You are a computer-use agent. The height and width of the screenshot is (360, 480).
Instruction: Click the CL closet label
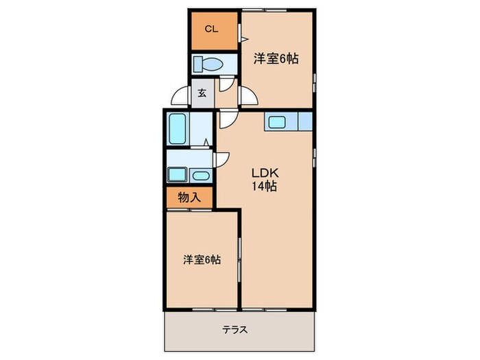tap(212, 29)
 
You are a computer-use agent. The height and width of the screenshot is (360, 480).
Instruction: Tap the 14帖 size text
tap(263, 186)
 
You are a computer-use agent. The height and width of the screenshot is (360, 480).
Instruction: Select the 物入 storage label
tap(189, 197)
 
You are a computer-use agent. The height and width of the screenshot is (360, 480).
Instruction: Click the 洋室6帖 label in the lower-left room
tap(201, 260)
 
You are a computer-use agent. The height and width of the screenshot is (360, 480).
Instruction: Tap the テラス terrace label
tap(235, 330)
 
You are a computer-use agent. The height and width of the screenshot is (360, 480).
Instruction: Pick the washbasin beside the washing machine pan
tap(201, 175)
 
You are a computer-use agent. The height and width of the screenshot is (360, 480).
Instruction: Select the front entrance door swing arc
tap(180, 97)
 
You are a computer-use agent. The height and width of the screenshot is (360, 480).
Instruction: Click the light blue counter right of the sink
tap(305, 122)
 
